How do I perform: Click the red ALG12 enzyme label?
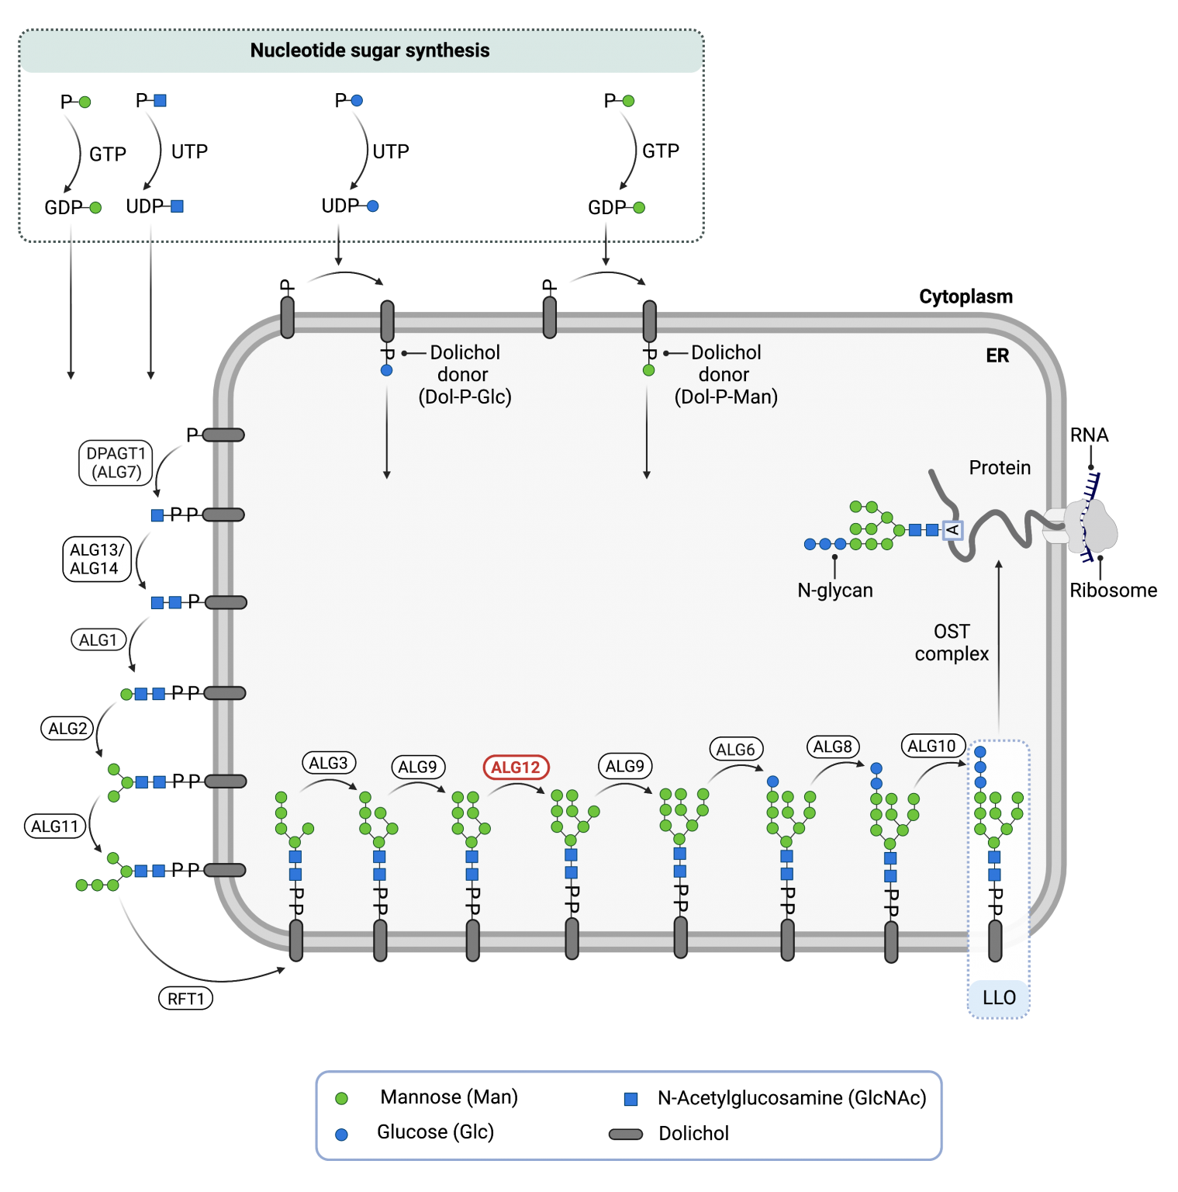[516, 768]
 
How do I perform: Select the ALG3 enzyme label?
[328, 763]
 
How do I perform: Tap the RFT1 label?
[185, 999]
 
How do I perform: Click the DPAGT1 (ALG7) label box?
[116, 463]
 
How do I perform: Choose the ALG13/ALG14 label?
[95, 559]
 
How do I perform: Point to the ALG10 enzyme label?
[932, 746]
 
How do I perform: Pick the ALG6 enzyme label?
[735, 750]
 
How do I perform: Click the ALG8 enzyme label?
[833, 747]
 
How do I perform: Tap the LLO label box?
[999, 998]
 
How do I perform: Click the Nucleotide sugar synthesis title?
[369, 50]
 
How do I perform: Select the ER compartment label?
[997, 355]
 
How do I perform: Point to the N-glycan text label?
[835, 591]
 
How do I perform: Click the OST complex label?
[952, 643]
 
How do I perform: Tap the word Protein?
[1000, 468]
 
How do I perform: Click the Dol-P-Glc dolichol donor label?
[465, 375]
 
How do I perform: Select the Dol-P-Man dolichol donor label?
[726, 375]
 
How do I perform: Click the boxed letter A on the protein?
[952, 530]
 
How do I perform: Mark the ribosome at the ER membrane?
[1090, 525]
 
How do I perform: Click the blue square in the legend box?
[630, 1099]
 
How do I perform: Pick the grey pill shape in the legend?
[626, 1135]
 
